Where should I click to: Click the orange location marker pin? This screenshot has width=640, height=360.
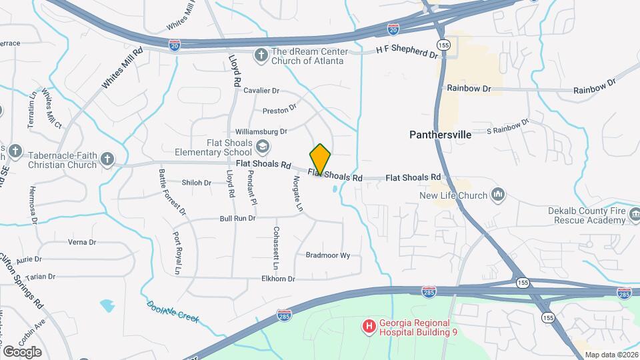(321, 159)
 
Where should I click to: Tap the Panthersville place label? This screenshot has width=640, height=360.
(440, 135)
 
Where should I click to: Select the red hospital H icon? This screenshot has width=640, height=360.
(367, 326)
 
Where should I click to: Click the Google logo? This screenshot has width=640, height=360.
(22, 351)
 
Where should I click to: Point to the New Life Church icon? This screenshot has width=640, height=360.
(498, 195)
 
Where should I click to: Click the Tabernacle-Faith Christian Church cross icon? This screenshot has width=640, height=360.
(107, 159)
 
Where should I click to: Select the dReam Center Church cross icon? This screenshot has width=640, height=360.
(261, 55)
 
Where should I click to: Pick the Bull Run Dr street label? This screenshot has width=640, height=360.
(238, 218)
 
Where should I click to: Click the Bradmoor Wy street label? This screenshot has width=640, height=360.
(327, 255)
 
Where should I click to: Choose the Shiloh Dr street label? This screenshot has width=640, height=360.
(196, 183)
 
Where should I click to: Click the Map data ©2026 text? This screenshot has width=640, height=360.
(611, 354)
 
